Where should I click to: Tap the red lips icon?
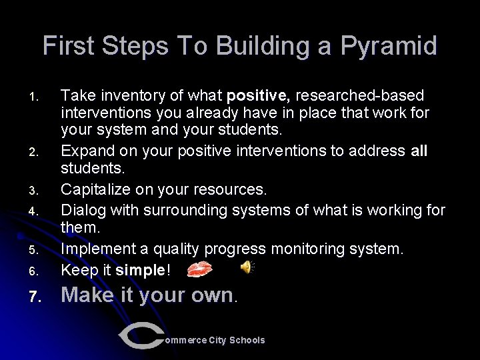point(199,269)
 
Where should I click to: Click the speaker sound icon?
point(247,268)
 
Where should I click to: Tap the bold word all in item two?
point(419,151)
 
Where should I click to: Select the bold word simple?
point(139,270)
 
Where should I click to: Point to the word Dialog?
point(81,211)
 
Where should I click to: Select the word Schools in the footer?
point(247,340)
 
